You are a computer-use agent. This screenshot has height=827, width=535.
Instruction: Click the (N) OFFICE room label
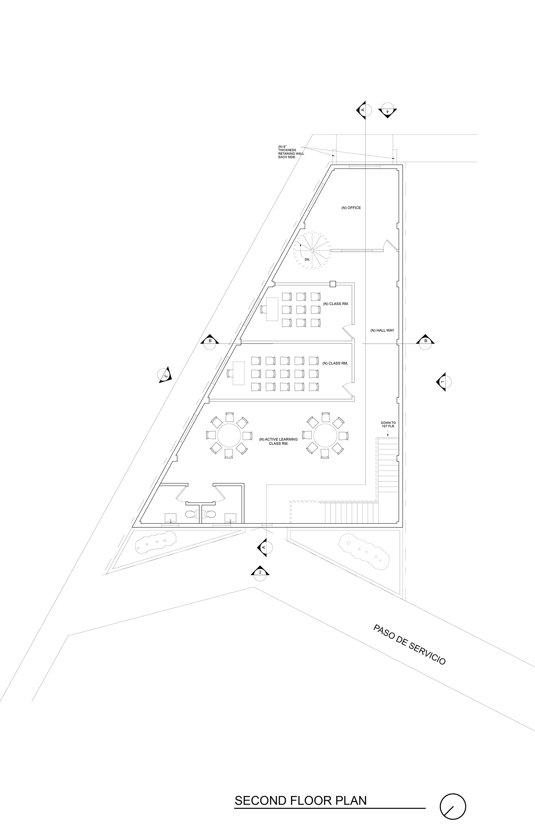tap(351, 208)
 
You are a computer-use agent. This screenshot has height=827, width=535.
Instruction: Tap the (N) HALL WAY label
tap(382, 331)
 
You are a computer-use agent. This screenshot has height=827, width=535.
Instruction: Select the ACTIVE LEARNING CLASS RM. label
tap(278, 442)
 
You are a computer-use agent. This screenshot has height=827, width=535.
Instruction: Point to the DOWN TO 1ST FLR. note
tap(388, 425)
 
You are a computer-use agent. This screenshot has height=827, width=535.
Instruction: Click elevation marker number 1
tap(443, 382)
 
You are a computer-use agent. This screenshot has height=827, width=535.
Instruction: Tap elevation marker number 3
tap(165, 375)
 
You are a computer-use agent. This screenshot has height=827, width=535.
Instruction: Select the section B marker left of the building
tap(210, 341)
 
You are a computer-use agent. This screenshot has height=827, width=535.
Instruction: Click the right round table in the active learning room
tap(325, 435)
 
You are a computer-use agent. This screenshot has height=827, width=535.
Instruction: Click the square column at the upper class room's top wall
tap(333, 284)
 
